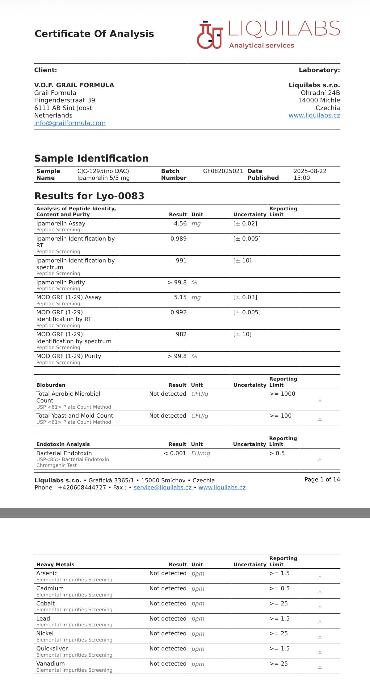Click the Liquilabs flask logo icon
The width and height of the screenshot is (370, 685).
(210, 35)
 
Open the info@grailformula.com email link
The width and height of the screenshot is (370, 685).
(70, 123)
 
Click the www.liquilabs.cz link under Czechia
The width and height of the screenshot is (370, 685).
(314, 115)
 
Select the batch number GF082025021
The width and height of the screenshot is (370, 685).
(223, 171)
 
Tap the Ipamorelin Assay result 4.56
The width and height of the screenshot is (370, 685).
(180, 223)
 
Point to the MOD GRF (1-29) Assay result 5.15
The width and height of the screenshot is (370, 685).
(180, 297)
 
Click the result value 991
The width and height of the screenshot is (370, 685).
(181, 260)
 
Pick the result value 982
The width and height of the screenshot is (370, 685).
(181, 334)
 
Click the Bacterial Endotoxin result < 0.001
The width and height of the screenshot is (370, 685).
(175, 453)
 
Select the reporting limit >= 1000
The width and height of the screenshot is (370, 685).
(282, 394)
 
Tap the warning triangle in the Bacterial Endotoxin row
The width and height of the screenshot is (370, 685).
(320, 460)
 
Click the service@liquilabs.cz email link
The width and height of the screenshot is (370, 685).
(163, 487)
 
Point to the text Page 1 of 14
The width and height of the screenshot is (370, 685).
(322, 479)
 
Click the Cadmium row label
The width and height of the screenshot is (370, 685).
(50, 588)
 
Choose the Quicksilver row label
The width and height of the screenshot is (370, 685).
(52, 648)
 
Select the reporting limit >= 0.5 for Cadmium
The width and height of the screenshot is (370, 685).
(279, 588)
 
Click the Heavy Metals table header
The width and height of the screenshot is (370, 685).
(55, 564)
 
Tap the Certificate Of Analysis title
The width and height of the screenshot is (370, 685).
(94, 34)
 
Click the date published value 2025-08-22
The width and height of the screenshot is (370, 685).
(310, 171)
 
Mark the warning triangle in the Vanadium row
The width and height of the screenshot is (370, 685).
(320, 667)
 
